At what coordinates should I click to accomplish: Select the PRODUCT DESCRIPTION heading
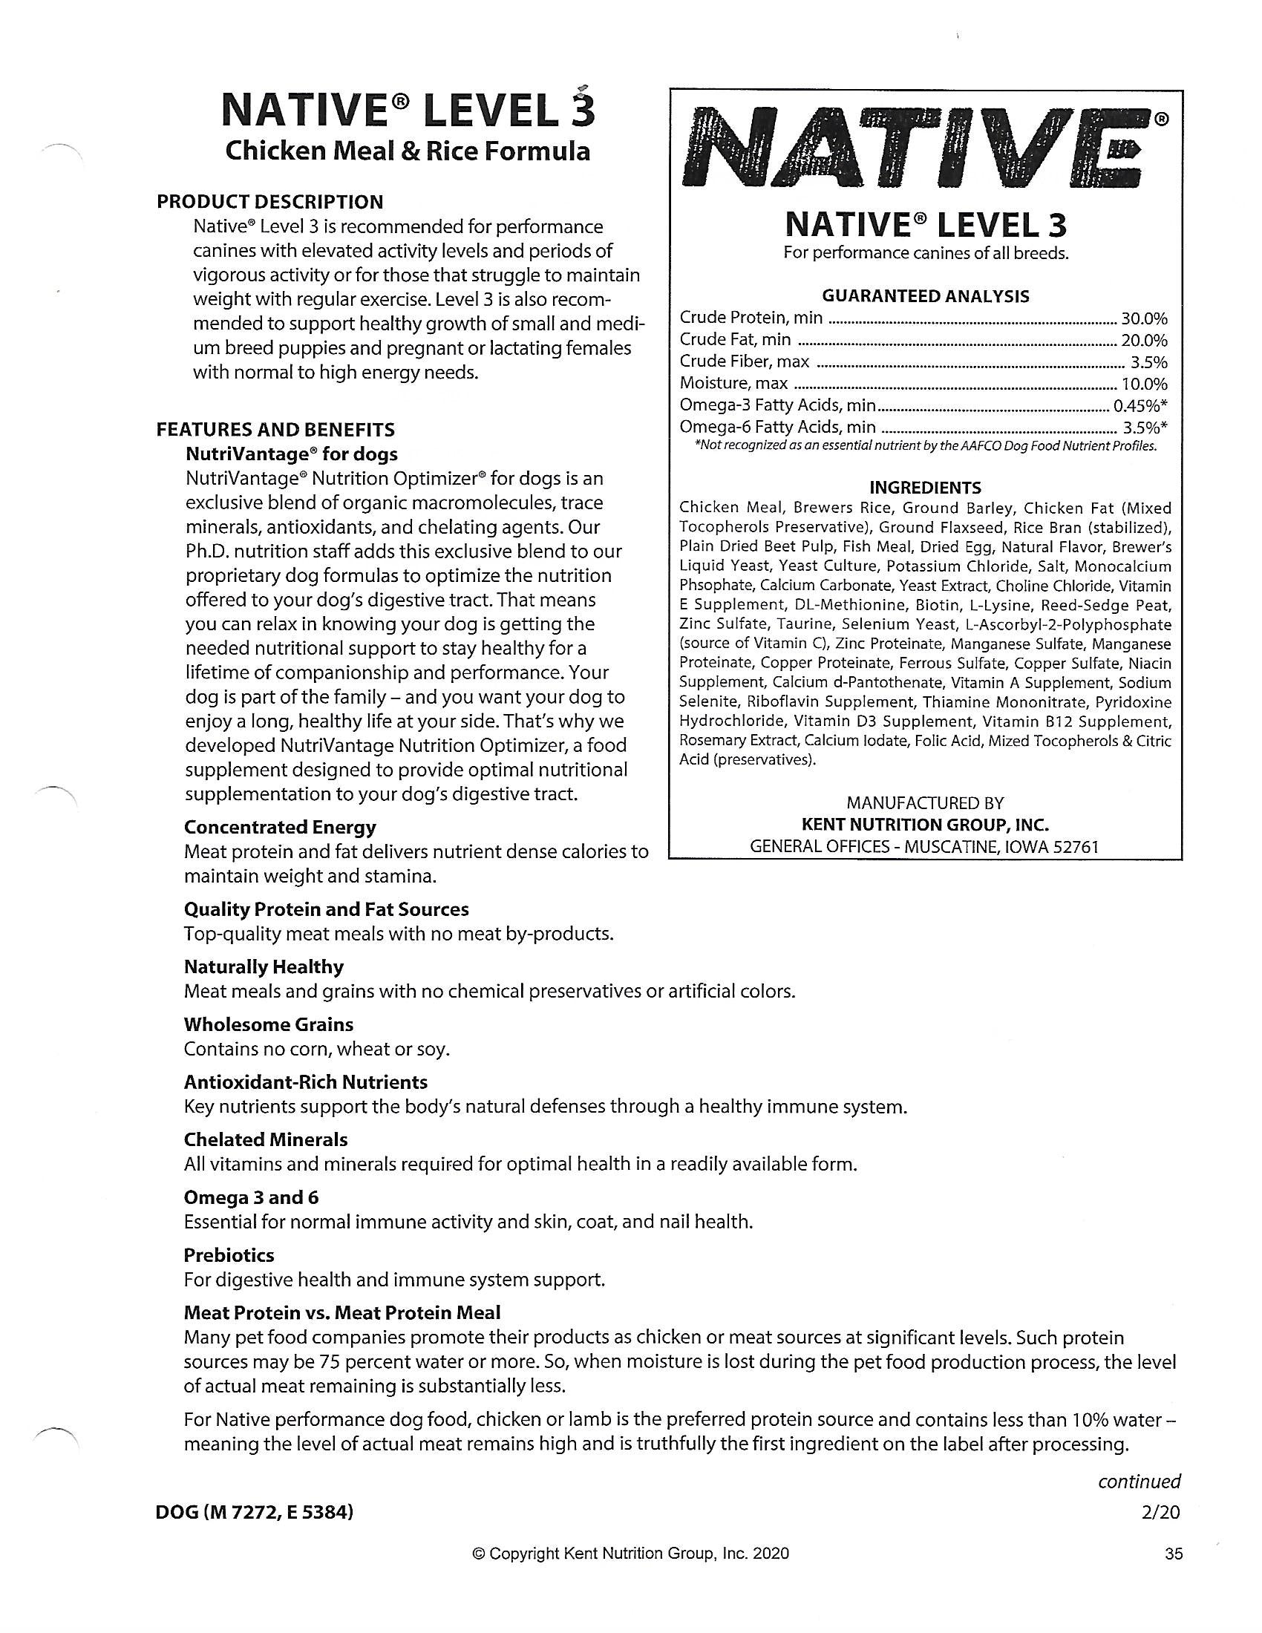(x=269, y=202)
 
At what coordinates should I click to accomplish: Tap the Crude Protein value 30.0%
(x=1143, y=318)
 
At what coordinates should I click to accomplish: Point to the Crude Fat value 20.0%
(x=1143, y=340)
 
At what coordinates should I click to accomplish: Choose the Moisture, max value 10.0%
(x=1144, y=384)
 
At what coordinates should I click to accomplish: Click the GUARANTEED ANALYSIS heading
(x=926, y=296)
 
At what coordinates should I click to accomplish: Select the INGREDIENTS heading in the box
(x=925, y=488)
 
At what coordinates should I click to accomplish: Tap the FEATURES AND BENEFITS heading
(x=275, y=430)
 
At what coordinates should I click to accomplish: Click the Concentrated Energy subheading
(x=280, y=827)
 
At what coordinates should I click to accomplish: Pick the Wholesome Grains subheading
(x=269, y=1024)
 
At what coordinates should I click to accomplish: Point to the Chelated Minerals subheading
(x=266, y=1139)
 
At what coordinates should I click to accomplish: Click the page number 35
(x=1174, y=1554)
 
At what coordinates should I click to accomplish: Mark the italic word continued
(x=1139, y=1482)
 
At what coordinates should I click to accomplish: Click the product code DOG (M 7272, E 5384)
(x=253, y=1512)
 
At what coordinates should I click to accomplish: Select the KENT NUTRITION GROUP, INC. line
(x=925, y=825)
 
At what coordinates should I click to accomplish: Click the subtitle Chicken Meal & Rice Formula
(x=408, y=151)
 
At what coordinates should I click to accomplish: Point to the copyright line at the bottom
(x=630, y=1554)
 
